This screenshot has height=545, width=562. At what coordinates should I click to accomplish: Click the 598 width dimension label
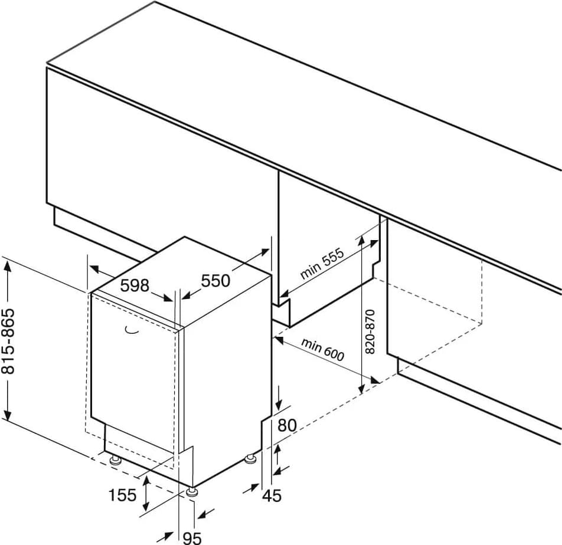134,285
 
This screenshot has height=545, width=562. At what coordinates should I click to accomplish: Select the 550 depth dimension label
215,281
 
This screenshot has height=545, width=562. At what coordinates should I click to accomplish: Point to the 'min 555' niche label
322,263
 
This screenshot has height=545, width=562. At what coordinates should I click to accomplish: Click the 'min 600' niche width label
322,349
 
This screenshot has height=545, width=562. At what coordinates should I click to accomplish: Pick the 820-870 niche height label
371,331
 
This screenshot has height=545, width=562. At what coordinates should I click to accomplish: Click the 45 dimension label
272,496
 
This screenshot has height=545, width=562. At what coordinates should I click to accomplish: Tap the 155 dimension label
122,495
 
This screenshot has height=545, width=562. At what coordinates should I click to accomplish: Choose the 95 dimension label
192,537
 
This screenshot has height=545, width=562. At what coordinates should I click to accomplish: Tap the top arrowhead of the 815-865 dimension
8,265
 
